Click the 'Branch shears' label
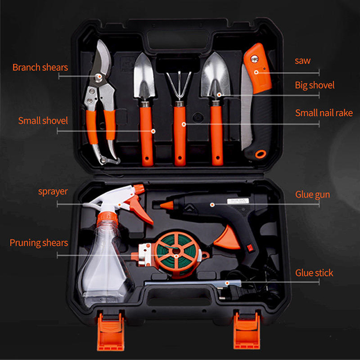[x=40, y=67]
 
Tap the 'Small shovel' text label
[x=43, y=120]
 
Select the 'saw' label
[x=303, y=61]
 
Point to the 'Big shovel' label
[x=315, y=85]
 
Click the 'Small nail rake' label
[x=324, y=112]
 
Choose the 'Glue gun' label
[x=313, y=195]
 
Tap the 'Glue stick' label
[x=314, y=273]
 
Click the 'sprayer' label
[x=53, y=192]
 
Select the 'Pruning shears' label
[x=39, y=243]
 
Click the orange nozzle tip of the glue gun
[x=166, y=205]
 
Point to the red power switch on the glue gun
[x=250, y=248]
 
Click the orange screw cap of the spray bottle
[x=107, y=218]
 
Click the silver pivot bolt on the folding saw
[x=254, y=59]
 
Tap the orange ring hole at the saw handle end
[x=260, y=154]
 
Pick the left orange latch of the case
[x=111, y=331]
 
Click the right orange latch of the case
[x=247, y=331]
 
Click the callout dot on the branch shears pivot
[x=99, y=76]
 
